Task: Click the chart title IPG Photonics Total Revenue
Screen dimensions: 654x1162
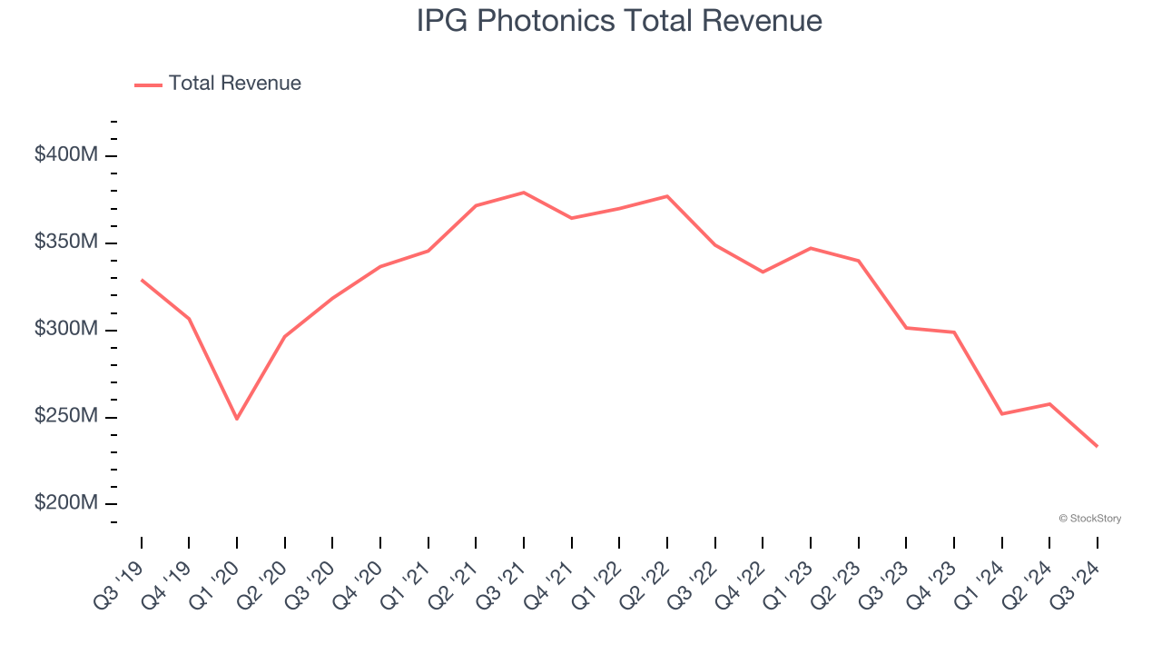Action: click(x=619, y=20)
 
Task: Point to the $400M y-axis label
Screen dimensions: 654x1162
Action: click(x=65, y=155)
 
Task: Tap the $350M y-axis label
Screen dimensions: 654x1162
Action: click(x=65, y=243)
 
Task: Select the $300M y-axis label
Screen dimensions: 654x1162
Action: click(x=65, y=329)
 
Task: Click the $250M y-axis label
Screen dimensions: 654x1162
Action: click(x=65, y=416)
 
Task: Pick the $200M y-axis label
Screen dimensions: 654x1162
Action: click(x=65, y=503)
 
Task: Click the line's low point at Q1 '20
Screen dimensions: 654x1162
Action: click(x=237, y=419)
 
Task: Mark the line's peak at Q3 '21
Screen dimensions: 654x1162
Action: click(x=524, y=193)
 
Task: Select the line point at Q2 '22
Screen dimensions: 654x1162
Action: click(x=667, y=196)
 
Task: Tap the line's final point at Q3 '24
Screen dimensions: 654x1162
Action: click(x=1097, y=446)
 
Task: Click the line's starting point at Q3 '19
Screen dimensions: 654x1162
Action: click(x=142, y=280)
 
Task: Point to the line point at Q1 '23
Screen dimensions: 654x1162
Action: click(x=811, y=248)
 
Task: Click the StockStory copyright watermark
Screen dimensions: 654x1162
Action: click(x=1089, y=519)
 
